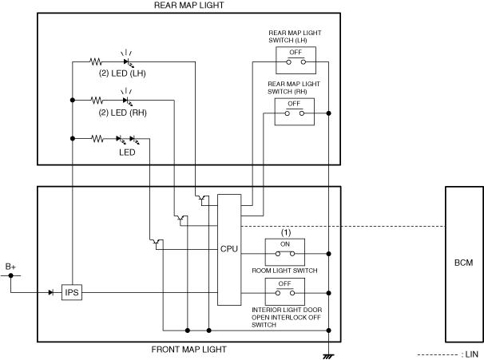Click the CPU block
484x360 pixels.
point(229,249)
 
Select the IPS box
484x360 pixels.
point(72,292)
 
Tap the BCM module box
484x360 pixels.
point(463,263)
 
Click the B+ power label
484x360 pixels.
point(11,266)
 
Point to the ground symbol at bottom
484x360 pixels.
point(328,354)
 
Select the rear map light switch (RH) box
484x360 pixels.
point(295,112)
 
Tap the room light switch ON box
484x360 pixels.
point(284,251)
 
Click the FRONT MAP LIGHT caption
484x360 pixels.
point(189,349)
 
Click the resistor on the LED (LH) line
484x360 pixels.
point(97,61)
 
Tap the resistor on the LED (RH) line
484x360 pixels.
point(97,101)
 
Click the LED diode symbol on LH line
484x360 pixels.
point(126,61)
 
